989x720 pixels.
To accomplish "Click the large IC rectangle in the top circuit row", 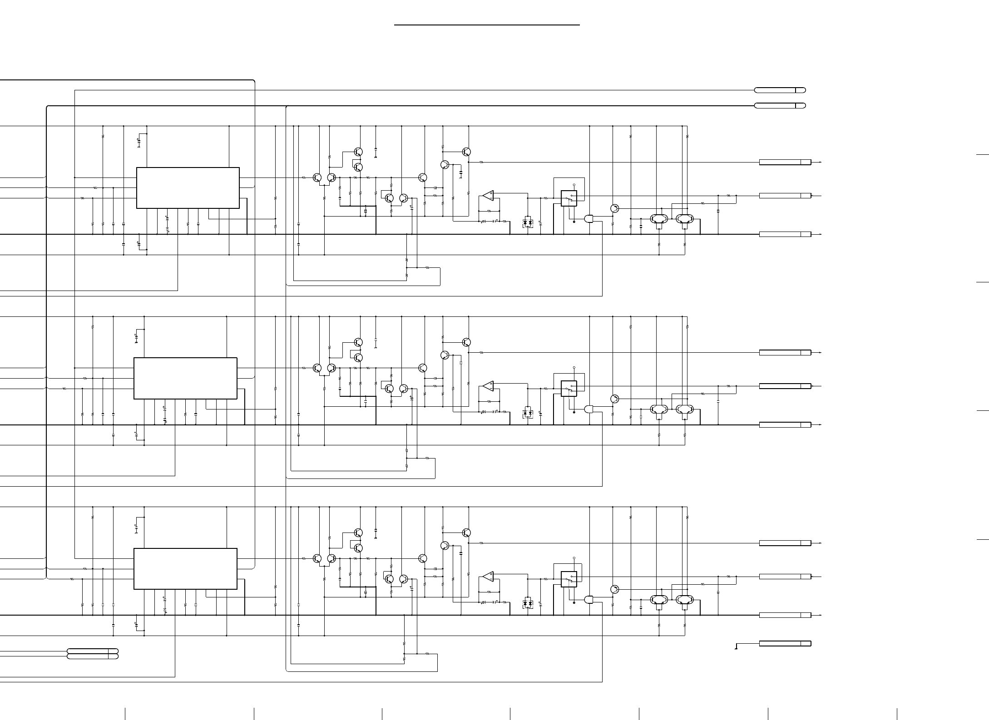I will pyautogui.click(x=188, y=188).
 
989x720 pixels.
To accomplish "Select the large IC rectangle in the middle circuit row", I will pyautogui.click(x=185, y=378).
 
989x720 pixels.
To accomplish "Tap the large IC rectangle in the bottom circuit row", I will pyautogui.click(x=185, y=569).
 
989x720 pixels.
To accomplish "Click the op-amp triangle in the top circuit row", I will pyautogui.click(x=488, y=196).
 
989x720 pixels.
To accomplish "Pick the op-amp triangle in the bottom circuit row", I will pyautogui.click(x=488, y=577).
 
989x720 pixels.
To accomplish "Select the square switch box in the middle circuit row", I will pyautogui.click(x=569, y=389).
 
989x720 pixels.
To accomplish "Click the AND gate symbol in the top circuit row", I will pyautogui.click(x=589, y=219).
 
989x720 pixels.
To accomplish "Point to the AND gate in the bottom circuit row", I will pyautogui.click(x=589, y=600).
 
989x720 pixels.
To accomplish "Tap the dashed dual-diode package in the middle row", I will pyautogui.click(x=528, y=414).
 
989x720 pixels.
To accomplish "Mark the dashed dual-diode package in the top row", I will pyautogui.click(x=528, y=223).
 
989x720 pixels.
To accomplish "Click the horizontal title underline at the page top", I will pyautogui.click(x=487, y=25).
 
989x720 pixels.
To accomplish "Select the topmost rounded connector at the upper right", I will pyautogui.click(x=780, y=90).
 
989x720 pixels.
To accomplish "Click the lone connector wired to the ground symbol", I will pyautogui.click(x=785, y=643).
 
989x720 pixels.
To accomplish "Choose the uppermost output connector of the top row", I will pyautogui.click(x=785, y=162).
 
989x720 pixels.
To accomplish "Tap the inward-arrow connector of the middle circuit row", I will pyautogui.click(x=785, y=386).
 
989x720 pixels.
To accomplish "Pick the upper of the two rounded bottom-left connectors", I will pyautogui.click(x=93, y=651).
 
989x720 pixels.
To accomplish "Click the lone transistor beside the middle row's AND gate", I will pyautogui.click(x=614, y=399).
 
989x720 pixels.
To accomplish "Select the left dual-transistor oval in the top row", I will pyautogui.click(x=659, y=219).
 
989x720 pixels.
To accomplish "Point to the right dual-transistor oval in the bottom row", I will pyautogui.click(x=685, y=600).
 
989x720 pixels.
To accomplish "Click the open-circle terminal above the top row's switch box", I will pyautogui.click(x=574, y=185).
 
